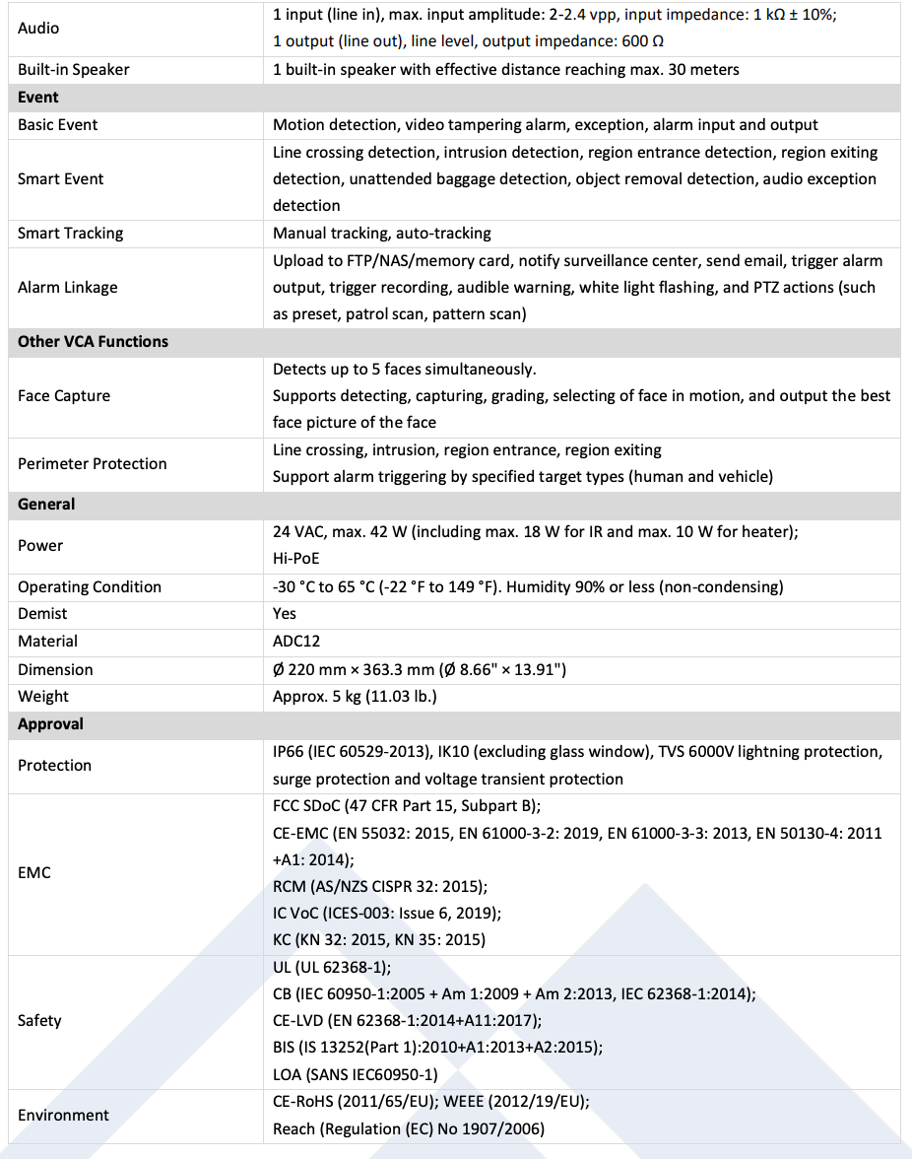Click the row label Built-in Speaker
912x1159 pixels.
tap(73, 70)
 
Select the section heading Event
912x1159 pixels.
tap(38, 98)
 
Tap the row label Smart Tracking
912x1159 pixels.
tap(71, 234)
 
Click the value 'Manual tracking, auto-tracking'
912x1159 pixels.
tap(382, 234)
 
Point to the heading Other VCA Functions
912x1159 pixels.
tap(93, 342)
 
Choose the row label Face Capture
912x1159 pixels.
tap(64, 396)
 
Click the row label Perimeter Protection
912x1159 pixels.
tap(93, 464)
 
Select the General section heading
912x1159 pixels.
tap(46, 505)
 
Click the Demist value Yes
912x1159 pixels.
tap(285, 614)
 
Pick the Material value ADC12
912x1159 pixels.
tap(296, 642)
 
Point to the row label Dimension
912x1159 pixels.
tap(55, 670)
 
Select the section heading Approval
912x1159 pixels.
tap(50, 724)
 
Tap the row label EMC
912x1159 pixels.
tap(34, 873)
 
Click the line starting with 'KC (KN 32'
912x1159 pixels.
tap(379, 940)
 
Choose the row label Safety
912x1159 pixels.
tap(39, 1021)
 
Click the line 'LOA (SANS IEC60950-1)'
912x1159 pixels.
tap(356, 1075)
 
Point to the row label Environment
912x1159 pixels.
tap(63, 1116)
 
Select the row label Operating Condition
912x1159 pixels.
tap(90, 587)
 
